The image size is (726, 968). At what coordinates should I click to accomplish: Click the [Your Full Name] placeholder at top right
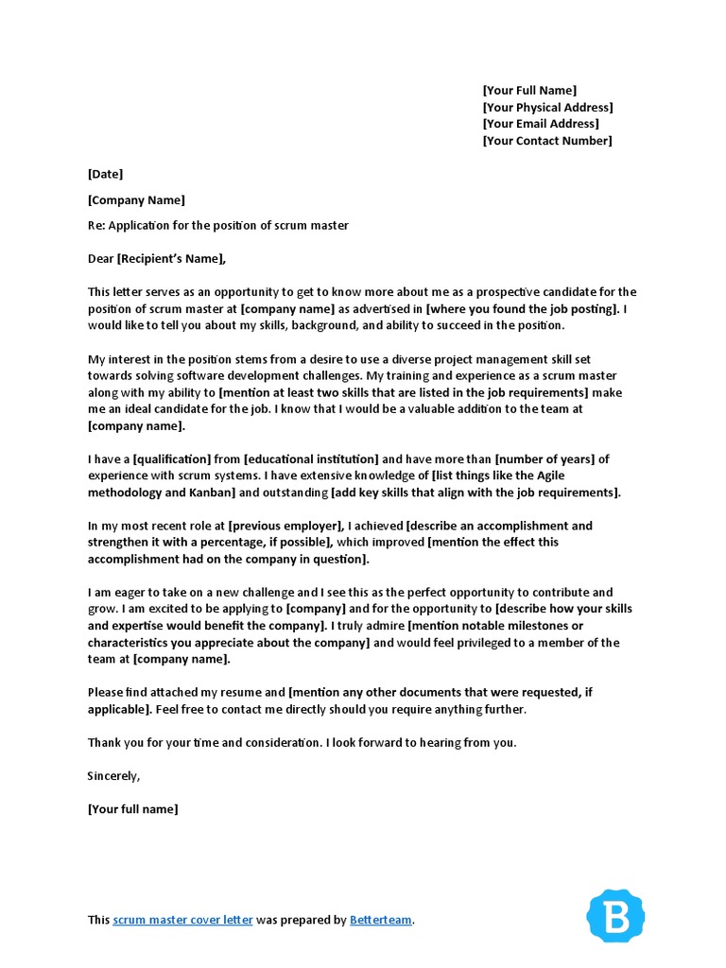click(528, 91)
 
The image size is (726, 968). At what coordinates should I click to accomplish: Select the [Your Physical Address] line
click(547, 108)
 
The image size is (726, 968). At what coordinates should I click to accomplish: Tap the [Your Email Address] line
click(540, 124)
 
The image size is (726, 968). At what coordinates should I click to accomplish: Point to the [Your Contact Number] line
click(546, 141)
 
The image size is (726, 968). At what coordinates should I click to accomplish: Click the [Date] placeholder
click(105, 174)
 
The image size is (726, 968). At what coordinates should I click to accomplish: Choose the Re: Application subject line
click(217, 225)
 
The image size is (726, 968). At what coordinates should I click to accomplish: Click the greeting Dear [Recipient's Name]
click(157, 259)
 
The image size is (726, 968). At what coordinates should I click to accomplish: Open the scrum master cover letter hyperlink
click(182, 920)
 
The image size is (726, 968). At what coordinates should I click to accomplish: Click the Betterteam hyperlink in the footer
click(381, 920)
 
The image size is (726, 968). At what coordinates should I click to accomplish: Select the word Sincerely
click(113, 776)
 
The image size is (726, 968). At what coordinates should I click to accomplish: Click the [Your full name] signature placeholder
click(132, 809)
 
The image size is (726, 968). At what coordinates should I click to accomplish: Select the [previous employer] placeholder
click(285, 526)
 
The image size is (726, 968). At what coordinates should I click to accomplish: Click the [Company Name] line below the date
click(136, 200)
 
